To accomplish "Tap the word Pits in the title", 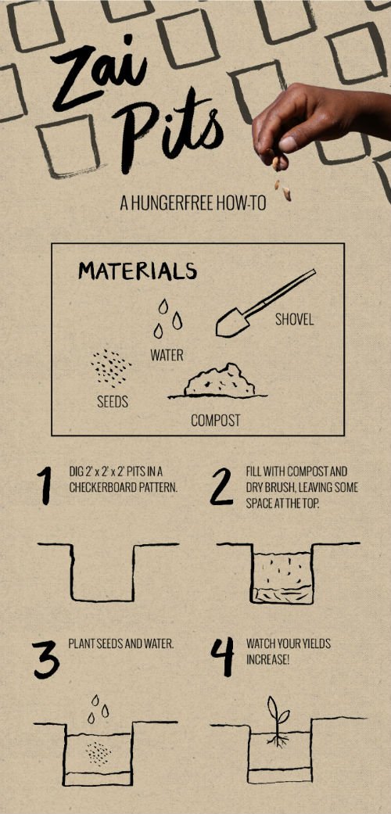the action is (x=169, y=130).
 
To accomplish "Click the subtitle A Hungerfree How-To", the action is (x=193, y=203).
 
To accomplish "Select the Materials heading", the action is (x=138, y=271).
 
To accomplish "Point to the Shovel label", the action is (x=294, y=319).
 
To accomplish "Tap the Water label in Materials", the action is (x=167, y=356).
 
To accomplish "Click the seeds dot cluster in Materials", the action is (x=110, y=368).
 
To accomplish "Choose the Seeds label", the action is (x=113, y=402).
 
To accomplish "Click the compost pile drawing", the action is (x=218, y=382).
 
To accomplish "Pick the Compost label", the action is (x=216, y=420).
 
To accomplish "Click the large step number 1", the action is (x=45, y=486).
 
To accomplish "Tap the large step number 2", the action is (x=221, y=486).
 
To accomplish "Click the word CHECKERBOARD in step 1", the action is (x=96, y=489).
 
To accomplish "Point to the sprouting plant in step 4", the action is (x=278, y=722).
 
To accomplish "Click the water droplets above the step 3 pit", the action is (x=98, y=708).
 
